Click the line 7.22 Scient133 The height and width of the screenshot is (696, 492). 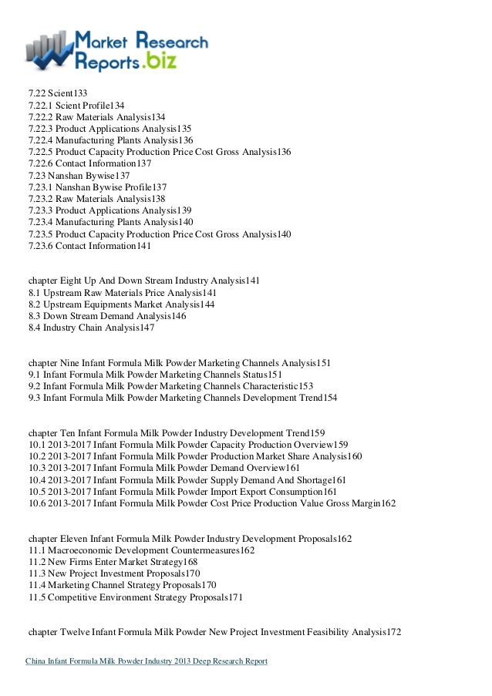[x=57, y=94]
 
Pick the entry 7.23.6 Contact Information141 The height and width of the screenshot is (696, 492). [x=89, y=246]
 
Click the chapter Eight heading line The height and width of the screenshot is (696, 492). [x=143, y=281]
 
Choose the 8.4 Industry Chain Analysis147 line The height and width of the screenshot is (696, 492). [x=91, y=328]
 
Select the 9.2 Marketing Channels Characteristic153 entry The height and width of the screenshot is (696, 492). [x=170, y=386]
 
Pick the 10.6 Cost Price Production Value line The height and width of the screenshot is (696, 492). [x=212, y=503]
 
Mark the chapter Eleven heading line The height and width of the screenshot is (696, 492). [x=190, y=539]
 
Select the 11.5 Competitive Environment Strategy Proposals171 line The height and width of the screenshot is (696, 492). [x=135, y=597]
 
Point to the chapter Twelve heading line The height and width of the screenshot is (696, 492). [x=214, y=632]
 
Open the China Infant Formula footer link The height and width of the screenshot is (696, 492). [x=147, y=661]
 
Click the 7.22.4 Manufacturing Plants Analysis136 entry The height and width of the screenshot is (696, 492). [x=110, y=140]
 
